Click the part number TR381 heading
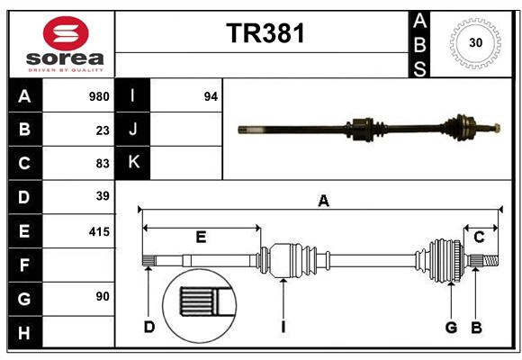tap(265, 33)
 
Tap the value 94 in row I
tap(211, 96)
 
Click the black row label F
tap(24, 265)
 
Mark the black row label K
tap(133, 163)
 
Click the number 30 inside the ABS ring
tap(474, 42)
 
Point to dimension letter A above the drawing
tap(323, 202)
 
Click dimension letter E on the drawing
tap(201, 237)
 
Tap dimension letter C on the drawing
tap(480, 237)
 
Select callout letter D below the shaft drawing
tap(149, 327)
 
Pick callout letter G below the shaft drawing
tap(452, 327)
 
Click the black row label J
tap(133, 130)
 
